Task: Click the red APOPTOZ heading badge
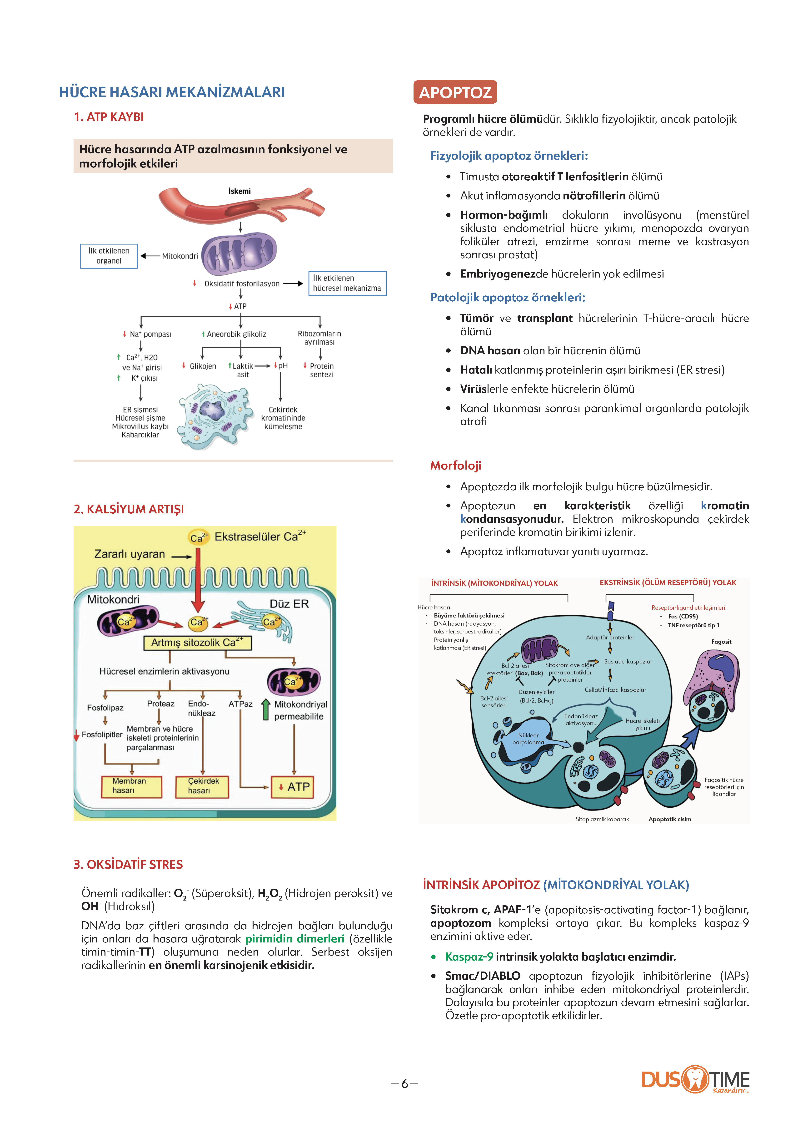click(x=455, y=92)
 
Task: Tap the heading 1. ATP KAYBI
click(x=109, y=117)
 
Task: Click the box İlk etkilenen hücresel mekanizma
click(x=347, y=283)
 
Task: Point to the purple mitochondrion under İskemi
click(x=239, y=253)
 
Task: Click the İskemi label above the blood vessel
click(x=239, y=191)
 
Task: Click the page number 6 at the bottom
click(x=404, y=1084)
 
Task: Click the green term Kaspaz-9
click(x=469, y=957)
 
